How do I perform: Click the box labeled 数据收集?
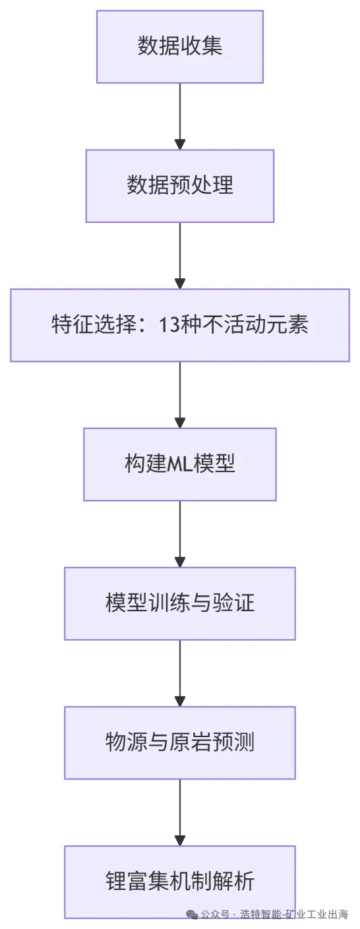coord(180,47)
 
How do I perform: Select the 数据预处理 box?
coord(180,186)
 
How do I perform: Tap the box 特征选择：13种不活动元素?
coord(180,325)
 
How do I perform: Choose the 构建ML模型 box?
coord(180,464)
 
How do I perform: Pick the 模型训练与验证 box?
coord(180,603)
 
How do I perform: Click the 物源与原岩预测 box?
coord(180,742)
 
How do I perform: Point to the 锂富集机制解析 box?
coord(180,882)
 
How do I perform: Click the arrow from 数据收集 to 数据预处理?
coord(180,117)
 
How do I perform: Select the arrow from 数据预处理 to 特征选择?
coord(180,255)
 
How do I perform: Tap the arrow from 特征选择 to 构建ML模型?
coord(180,395)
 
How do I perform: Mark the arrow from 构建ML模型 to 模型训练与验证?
coord(180,534)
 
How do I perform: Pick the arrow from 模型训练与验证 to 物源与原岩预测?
coord(180,673)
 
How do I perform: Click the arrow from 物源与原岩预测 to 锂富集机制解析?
coord(180,812)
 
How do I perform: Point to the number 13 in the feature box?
coord(168,325)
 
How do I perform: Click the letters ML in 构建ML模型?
coord(179,464)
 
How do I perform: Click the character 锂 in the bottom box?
coord(116,882)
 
